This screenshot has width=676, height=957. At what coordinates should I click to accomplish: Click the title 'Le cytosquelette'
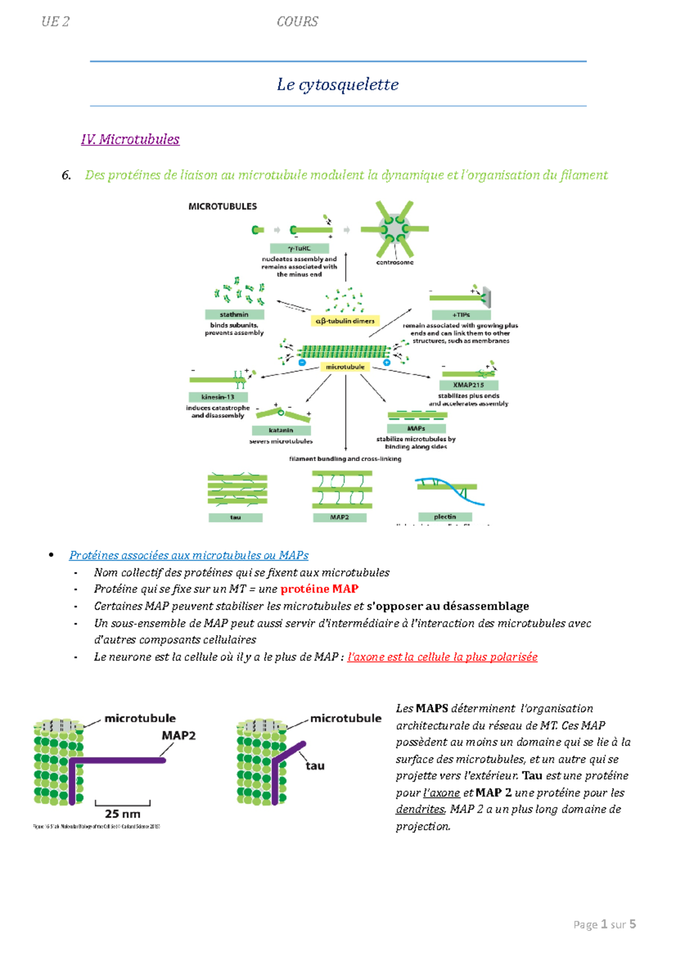coord(337,85)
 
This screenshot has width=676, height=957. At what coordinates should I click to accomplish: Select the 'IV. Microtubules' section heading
coord(130,139)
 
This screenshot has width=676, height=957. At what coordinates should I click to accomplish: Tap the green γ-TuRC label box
coord(299,248)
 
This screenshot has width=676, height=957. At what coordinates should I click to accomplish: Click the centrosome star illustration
coord(394,229)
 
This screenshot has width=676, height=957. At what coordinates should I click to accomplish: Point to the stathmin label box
coord(234,314)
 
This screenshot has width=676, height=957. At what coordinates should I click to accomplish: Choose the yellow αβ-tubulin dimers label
coord(345,321)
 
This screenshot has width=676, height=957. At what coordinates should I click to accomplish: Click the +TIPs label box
coord(461,315)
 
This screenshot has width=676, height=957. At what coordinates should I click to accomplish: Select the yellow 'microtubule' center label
coord(345,367)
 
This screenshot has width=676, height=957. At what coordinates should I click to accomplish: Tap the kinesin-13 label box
coord(217,397)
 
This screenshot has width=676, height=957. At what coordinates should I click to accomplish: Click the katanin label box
coord(281,430)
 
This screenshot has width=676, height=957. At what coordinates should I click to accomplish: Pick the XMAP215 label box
coord(468,385)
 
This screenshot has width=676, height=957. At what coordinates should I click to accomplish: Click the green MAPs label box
coord(416,428)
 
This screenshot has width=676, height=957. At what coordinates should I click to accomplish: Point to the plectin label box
coord(444,517)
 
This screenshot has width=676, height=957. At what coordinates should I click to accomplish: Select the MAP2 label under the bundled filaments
coord(339,517)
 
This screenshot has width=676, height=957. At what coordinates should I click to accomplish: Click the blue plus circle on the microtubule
coord(386,363)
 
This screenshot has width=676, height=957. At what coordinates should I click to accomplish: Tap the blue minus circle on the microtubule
coord(302,363)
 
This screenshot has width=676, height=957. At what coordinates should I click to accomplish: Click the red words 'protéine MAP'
coord(319,589)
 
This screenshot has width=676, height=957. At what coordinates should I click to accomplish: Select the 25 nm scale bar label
coord(122,814)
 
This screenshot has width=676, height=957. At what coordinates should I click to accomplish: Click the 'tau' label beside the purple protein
coord(315,765)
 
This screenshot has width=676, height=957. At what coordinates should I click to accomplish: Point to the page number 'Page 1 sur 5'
coord(604,924)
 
